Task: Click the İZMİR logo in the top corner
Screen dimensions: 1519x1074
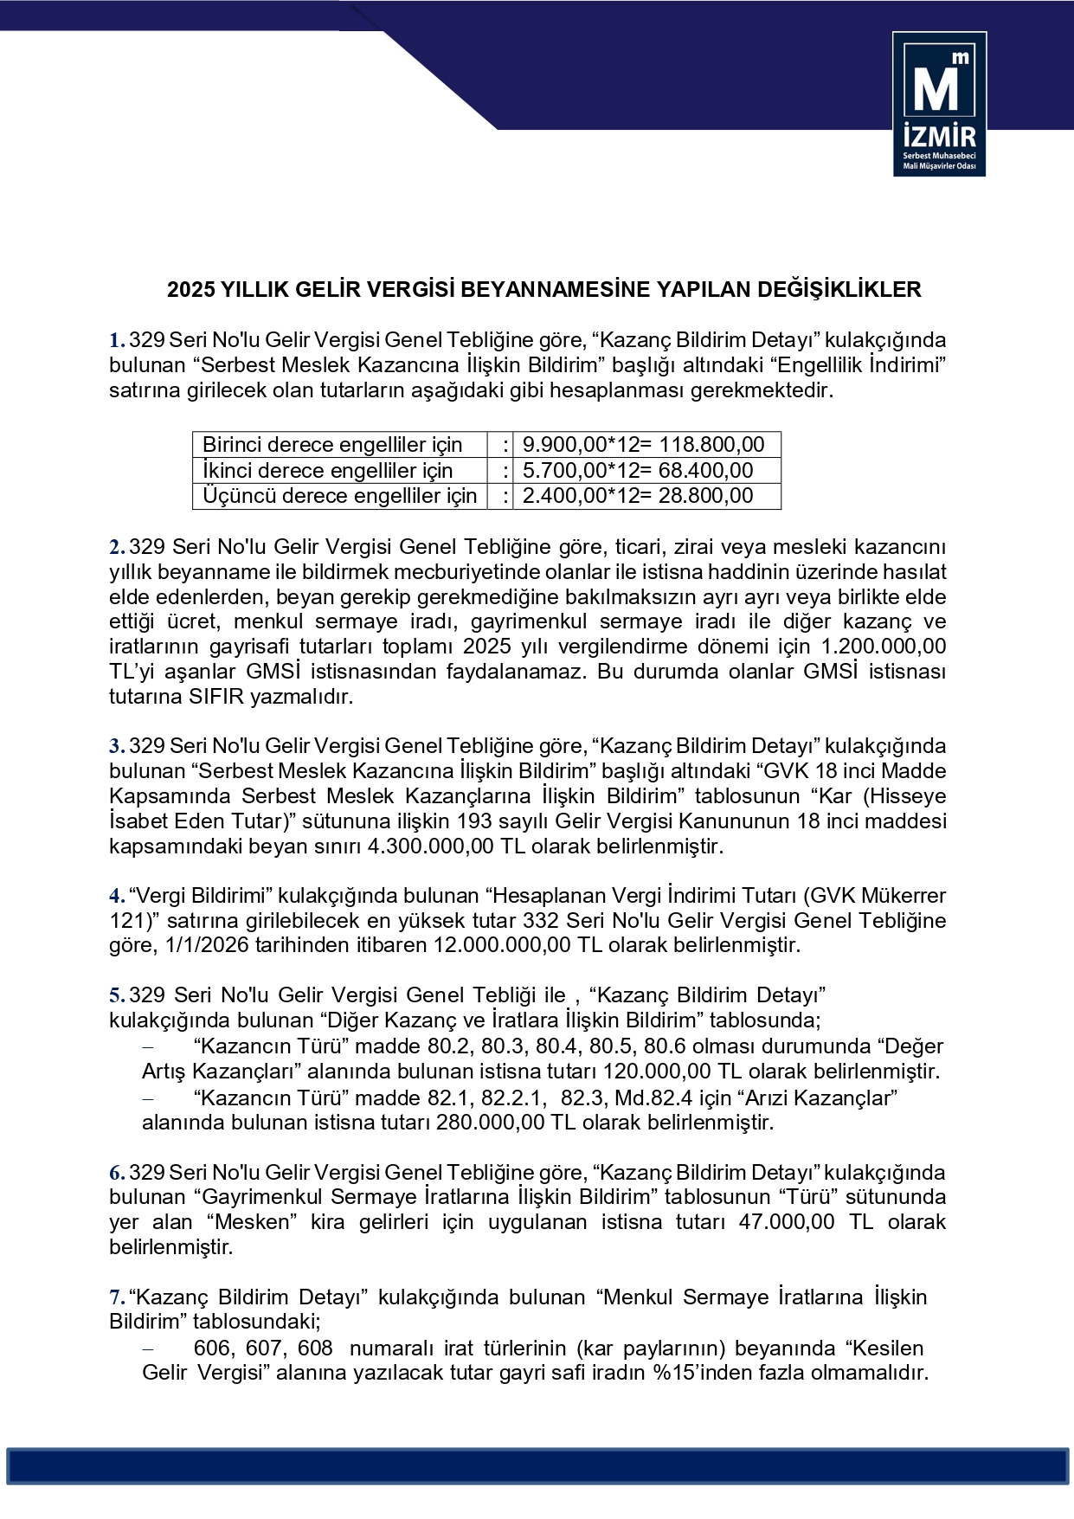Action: (x=939, y=104)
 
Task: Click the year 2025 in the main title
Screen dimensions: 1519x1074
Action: (x=190, y=289)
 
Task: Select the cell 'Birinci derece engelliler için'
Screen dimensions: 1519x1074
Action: (x=333, y=445)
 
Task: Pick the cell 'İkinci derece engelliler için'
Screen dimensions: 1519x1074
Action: (x=328, y=471)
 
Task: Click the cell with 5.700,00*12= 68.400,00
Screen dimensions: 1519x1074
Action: (x=638, y=471)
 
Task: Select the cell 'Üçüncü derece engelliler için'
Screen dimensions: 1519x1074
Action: (x=339, y=496)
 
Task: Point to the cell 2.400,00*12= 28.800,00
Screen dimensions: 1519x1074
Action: (x=638, y=496)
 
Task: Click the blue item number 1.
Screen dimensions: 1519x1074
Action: (x=116, y=340)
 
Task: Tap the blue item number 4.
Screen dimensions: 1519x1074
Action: (x=116, y=896)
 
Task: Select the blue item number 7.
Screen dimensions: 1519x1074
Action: (x=116, y=1297)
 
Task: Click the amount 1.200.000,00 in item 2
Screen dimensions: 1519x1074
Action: (x=883, y=647)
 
